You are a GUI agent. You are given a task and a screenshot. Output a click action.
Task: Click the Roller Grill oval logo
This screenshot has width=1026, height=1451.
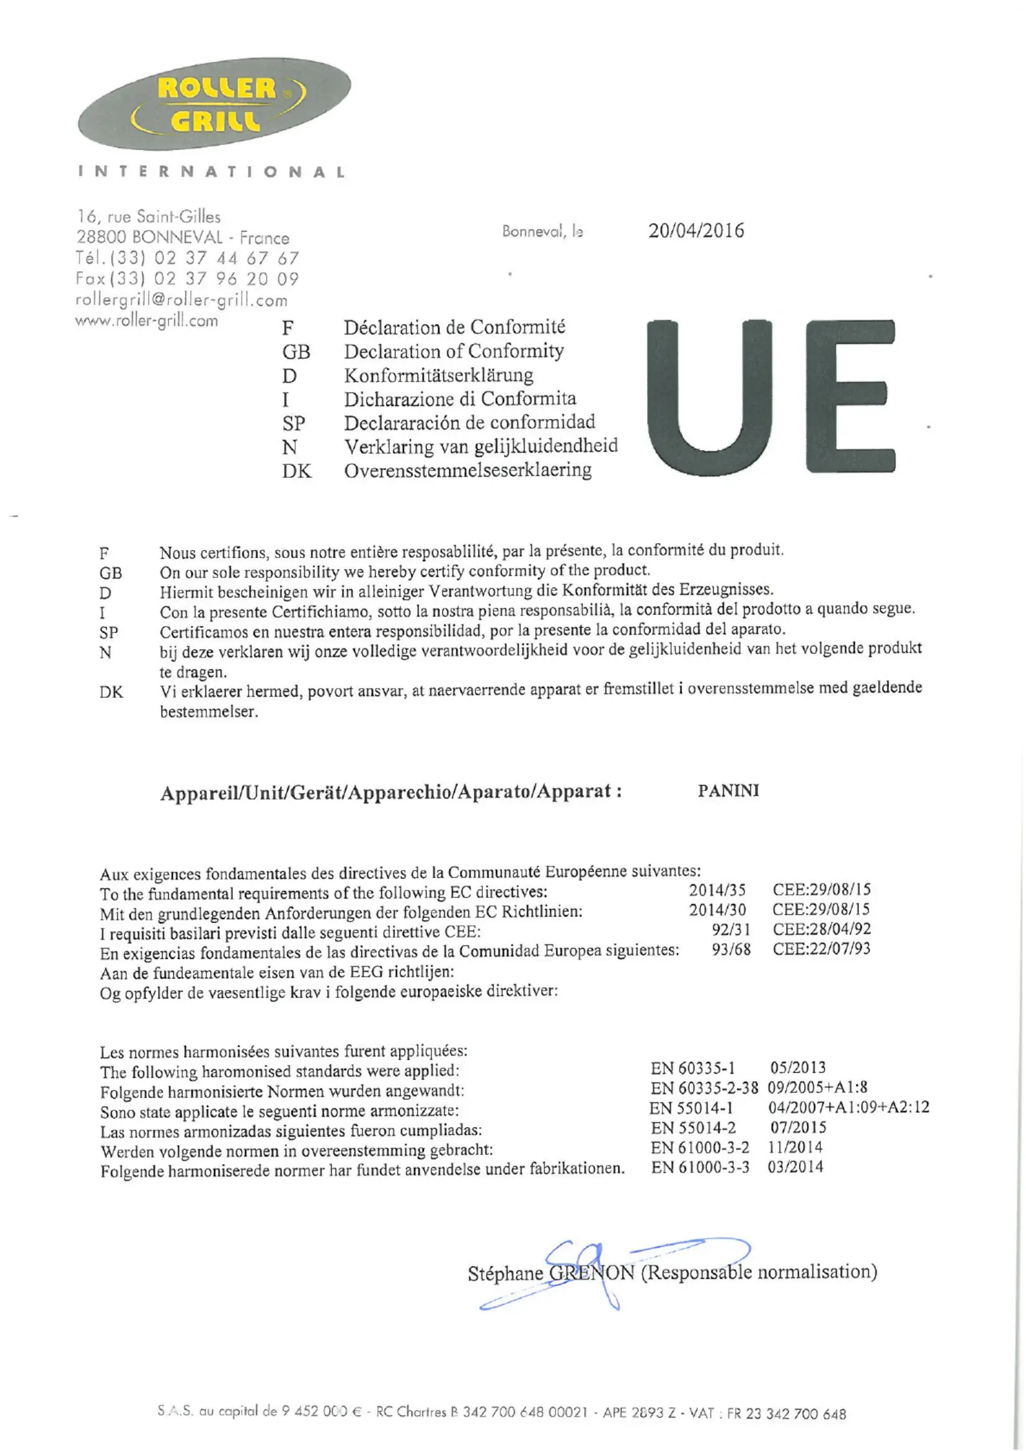(x=214, y=104)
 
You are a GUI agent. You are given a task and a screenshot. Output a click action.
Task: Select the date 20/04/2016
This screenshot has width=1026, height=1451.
(x=696, y=231)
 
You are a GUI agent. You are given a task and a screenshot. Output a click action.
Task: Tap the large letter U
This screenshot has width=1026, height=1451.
(x=709, y=395)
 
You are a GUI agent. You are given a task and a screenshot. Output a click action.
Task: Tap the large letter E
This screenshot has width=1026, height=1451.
(x=850, y=395)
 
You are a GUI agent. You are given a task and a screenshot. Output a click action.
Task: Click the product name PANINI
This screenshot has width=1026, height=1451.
(x=728, y=791)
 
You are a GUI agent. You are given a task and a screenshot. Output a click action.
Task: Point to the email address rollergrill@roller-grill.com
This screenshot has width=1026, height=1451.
(x=182, y=300)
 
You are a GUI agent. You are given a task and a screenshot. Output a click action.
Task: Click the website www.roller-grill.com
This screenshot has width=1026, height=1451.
(x=147, y=321)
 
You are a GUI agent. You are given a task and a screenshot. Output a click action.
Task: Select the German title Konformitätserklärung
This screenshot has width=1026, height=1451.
(x=438, y=375)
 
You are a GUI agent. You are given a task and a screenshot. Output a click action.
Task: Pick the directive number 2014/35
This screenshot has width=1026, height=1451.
(x=717, y=890)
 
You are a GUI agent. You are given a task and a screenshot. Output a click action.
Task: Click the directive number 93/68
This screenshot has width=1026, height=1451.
(x=731, y=949)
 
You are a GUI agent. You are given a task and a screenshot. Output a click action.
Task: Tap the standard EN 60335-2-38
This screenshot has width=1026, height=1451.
(x=704, y=1088)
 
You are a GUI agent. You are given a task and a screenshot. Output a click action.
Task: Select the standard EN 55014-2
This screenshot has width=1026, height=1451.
(x=692, y=1128)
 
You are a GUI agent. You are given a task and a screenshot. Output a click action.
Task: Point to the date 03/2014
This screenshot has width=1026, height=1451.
(x=795, y=1167)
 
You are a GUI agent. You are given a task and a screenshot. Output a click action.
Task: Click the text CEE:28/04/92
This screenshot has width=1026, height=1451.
(x=822, y=929)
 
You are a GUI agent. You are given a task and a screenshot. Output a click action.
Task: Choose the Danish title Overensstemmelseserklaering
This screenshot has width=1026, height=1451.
(x=467, y=470)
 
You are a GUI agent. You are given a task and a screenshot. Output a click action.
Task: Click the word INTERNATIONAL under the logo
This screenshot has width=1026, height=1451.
(x=212, y=172)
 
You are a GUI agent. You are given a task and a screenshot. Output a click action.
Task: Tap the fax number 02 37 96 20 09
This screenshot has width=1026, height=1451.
(x=226, y=279)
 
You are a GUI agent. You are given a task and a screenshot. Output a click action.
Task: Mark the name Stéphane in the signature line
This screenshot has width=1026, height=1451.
(x=505, y=1274)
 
